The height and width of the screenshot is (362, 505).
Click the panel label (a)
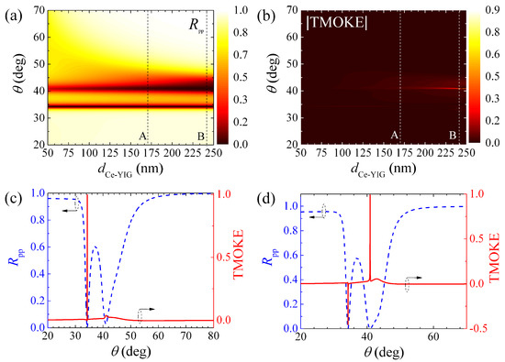click(12, 10)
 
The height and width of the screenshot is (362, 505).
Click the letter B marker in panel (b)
click(452, 135)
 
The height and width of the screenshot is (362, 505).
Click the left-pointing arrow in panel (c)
click(68, 210)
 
